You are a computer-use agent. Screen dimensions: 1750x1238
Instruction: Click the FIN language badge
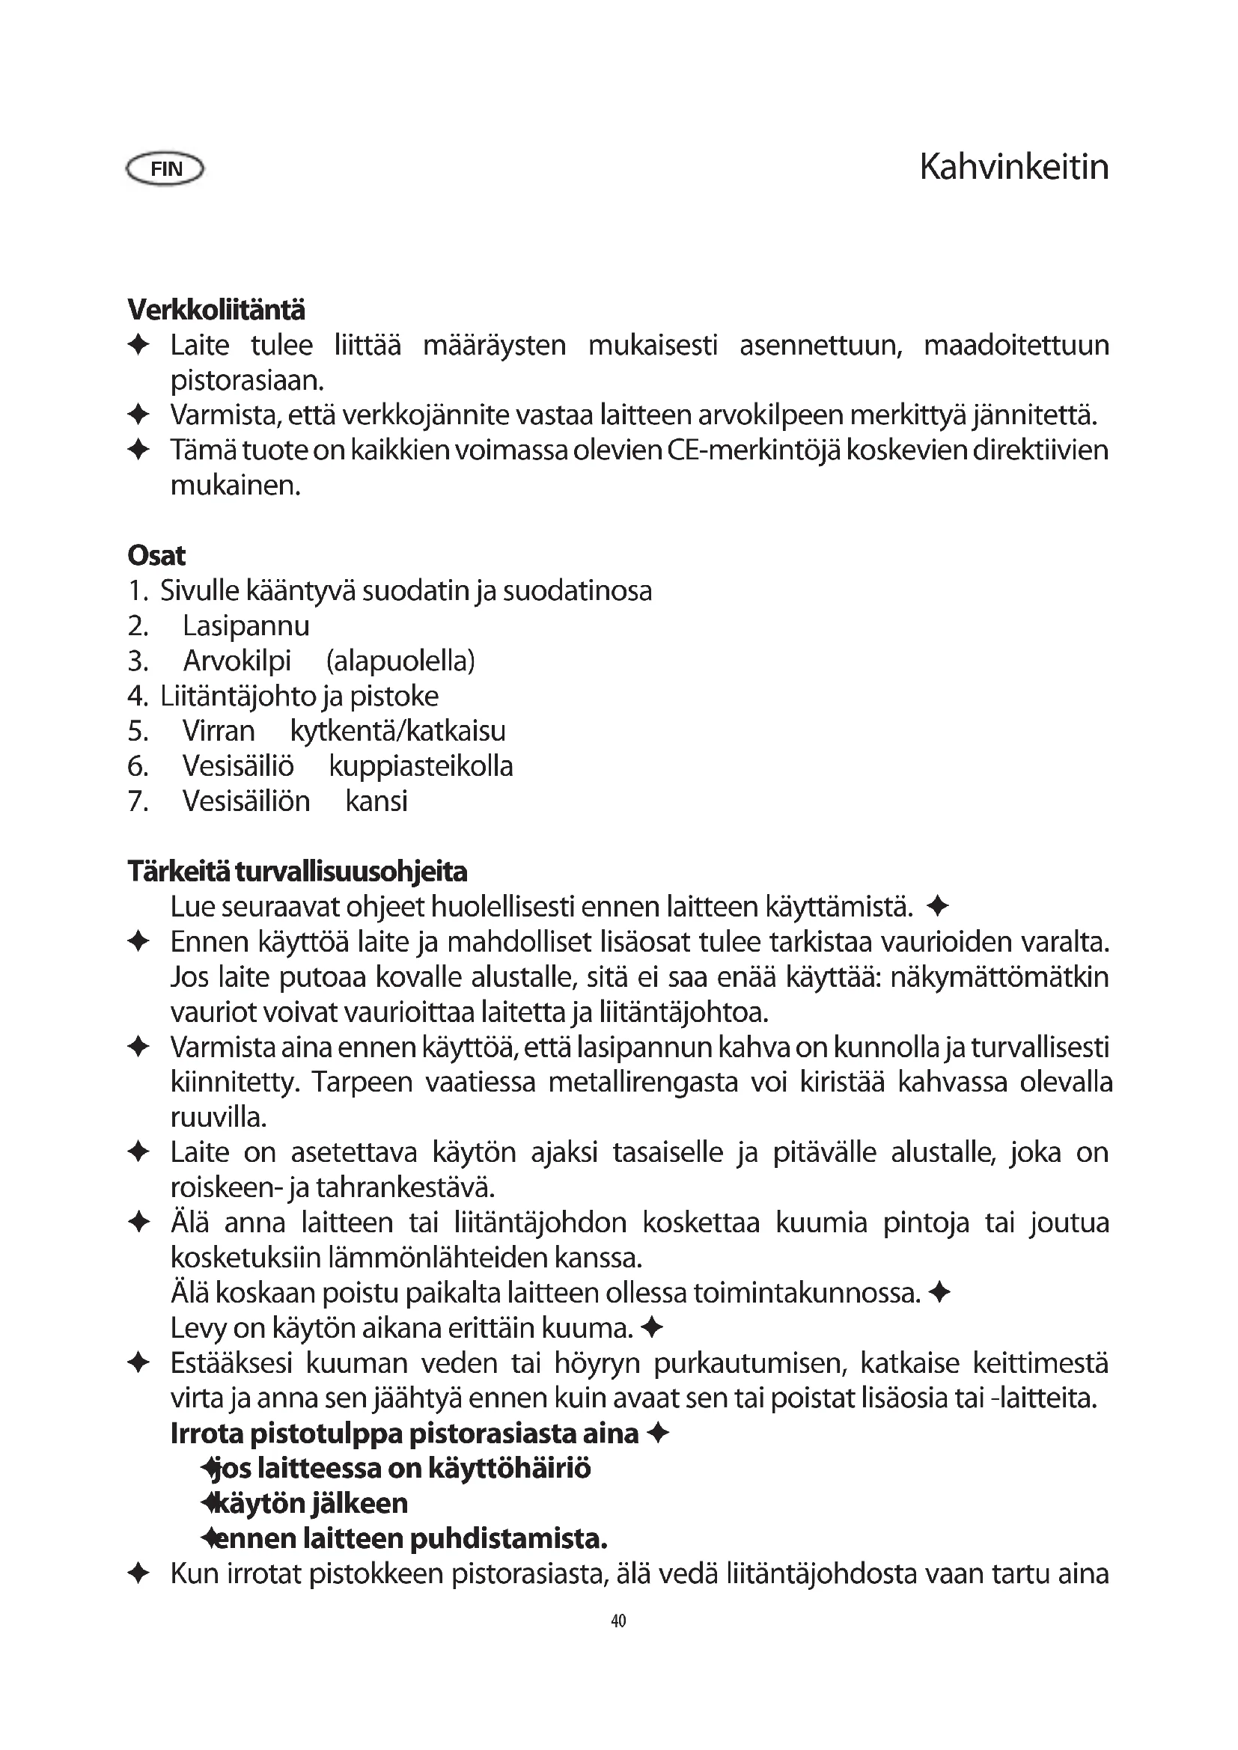(x=165, y=168)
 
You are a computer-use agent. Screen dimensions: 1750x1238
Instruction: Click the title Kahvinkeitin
(x=1013, y=167)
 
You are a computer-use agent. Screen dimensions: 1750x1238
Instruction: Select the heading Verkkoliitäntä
(x=216, y=310)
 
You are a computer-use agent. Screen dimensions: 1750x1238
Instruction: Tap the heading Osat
(x=156, y=556)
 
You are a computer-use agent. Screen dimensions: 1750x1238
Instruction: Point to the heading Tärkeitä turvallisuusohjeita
(x=297, y=871)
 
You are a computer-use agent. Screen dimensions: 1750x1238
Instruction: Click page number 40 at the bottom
(x=618, y=1621)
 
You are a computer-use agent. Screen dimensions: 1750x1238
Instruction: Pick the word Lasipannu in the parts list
(x=246, y=625)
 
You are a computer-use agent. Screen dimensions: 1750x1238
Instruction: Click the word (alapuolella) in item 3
(x=400, y=661)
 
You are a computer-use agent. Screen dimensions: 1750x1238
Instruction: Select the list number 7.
(x=138, y=801)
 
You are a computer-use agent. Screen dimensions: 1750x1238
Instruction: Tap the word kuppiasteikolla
(x=421, y=766)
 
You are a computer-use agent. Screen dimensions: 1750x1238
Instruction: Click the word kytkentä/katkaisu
(x=398, y=731)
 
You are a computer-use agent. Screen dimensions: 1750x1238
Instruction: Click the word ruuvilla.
(x=218, y=1117)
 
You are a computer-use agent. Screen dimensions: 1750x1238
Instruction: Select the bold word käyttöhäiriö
(x=509, y=1468)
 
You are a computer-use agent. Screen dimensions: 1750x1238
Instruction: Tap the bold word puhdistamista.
(x=508, y=1538)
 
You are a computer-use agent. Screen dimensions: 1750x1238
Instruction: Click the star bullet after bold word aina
(x=657, y=1434)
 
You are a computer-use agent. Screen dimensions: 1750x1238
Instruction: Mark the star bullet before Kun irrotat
(x=138, y=1573)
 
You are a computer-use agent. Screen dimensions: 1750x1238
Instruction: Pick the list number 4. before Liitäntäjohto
(x=138, y=696)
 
